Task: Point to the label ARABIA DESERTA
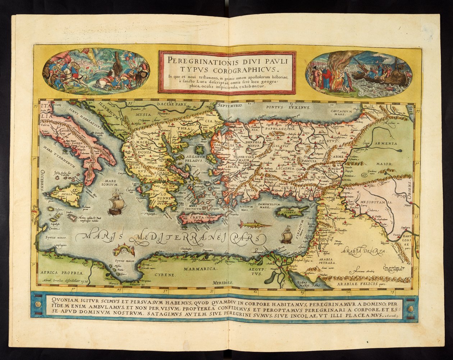(363, 251)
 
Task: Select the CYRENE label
(165, 274)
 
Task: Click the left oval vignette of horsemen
(96, 71)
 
